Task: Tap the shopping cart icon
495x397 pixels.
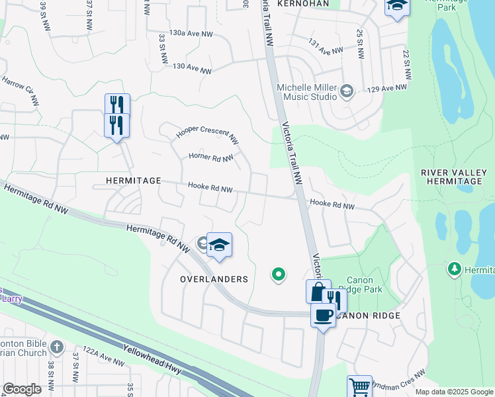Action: pos(359,386)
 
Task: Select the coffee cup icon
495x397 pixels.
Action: pos(322,316)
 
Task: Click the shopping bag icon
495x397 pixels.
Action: pos(318,291)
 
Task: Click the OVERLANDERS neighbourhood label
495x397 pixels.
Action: pos(214,279)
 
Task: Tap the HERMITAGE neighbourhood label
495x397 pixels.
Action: pos(133,181)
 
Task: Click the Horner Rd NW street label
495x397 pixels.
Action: pos(211,157)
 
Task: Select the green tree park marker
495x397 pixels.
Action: pos(455,269)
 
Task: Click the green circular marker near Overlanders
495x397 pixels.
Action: pos(279,273)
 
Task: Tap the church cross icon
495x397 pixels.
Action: pos(58,347)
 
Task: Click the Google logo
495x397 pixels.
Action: pos(22,389)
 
